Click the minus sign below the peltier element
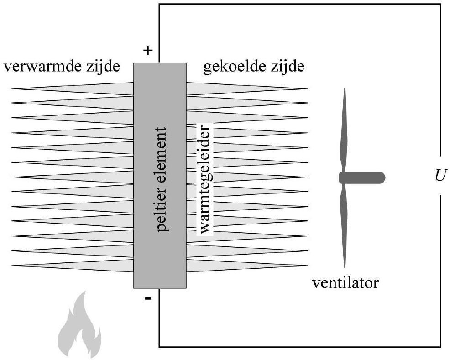(147, 300)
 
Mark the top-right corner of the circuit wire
(440, 5)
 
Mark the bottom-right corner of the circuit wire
(440, 347)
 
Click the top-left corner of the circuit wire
(159, 5)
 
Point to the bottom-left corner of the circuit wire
(159, 347)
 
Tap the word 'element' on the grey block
(161, 151)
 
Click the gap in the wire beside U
(440, 175)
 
